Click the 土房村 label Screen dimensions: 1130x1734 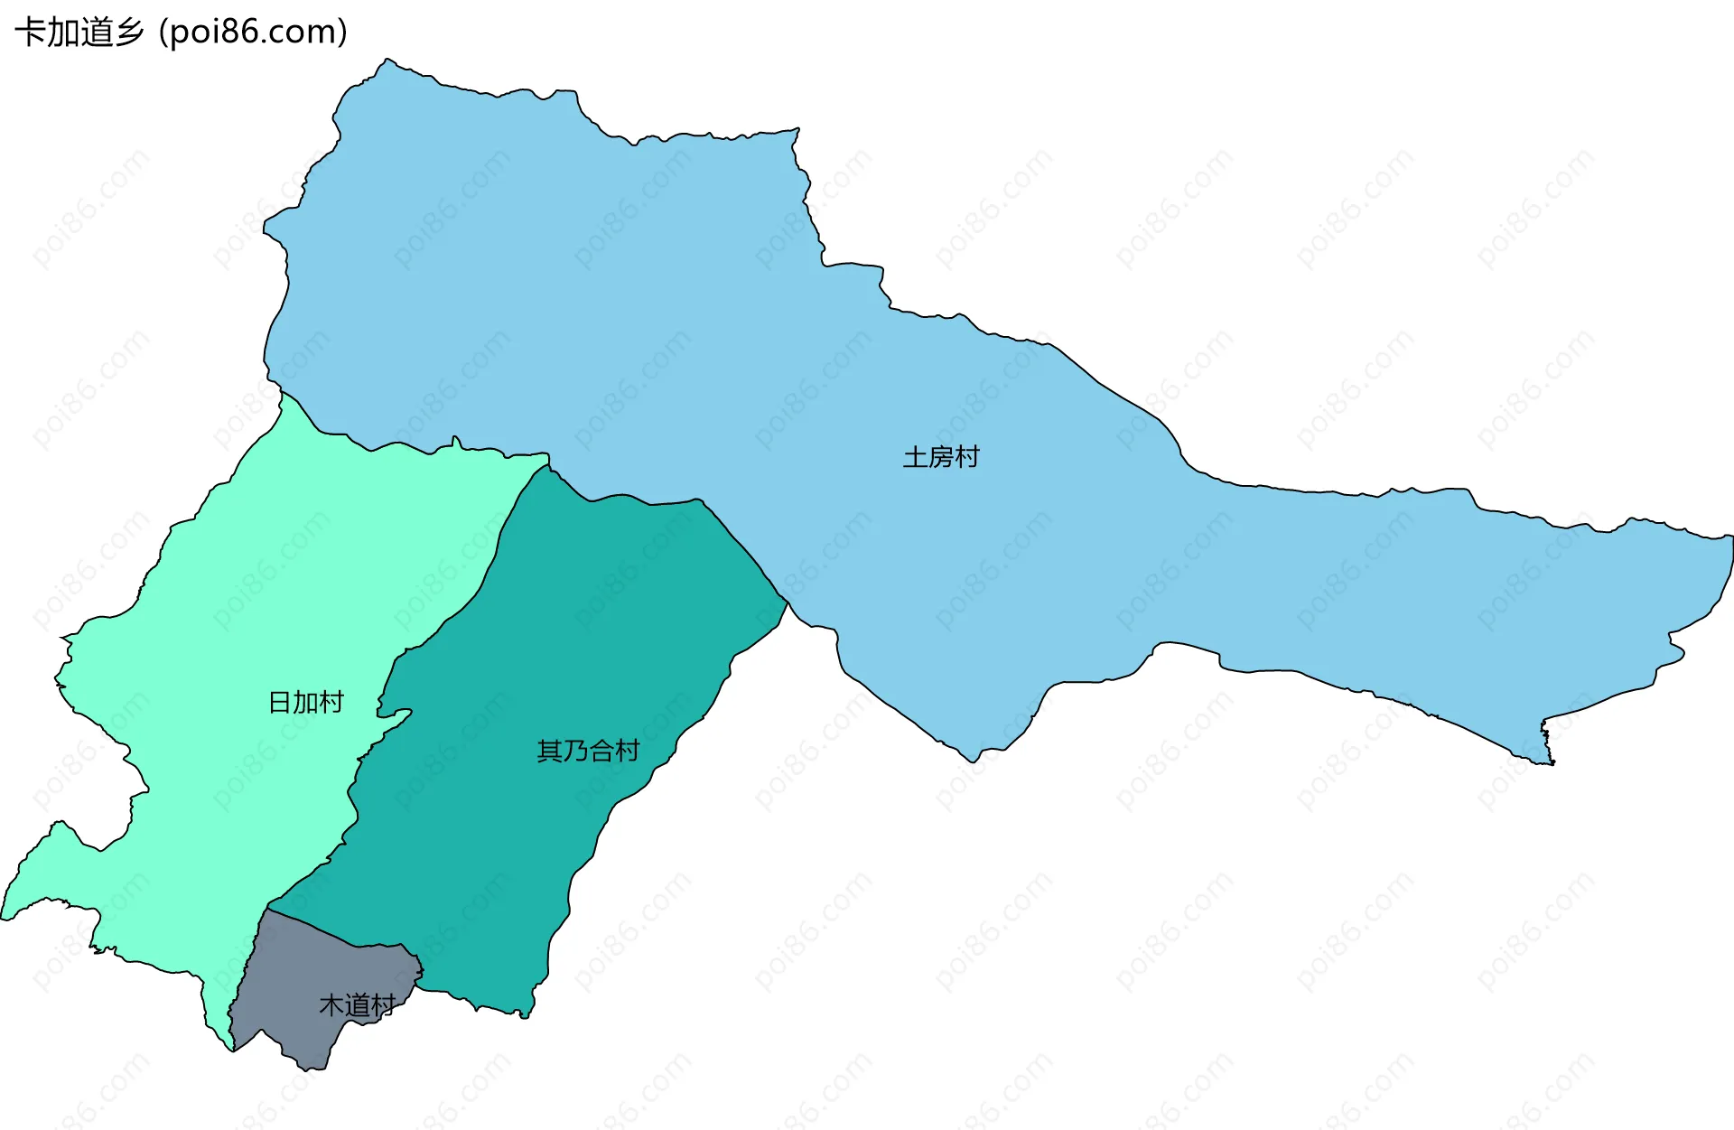pyautogui.click(x=941, y=457)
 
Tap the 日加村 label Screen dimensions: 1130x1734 pyautogui.click(x=306, y=702)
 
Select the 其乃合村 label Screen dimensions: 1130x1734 pyautogui.click(x=588, y=751)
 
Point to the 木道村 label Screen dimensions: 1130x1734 pyautogui.click(x=357, y=1004)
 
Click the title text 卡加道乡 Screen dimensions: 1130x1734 pyautogui.click(x=79, y=33)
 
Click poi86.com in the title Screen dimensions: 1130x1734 pyautogui.click(x=253, y=33)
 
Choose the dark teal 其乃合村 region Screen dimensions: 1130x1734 pyautogui.click(x=542, y=632)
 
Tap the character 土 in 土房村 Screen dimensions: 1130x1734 pyautogui.click(x=915, y=457)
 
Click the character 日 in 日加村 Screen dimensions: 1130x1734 pyautogui.click(x=280, y=702)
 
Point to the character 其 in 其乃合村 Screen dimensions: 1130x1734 pyautogui.click(x=549, y=751)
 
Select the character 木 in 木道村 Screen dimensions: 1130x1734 pyautogui.click(x=331, y=1004)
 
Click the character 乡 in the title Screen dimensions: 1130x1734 pyautogui.click(x=128, y=33)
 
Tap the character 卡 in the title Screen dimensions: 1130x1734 pyautogui.click(x=31, y=33)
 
